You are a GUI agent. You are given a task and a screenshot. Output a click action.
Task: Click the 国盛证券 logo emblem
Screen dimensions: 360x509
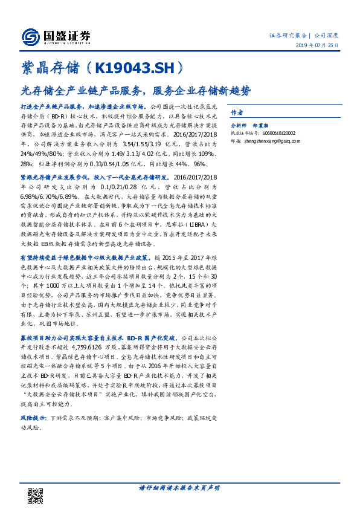point(31,37)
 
